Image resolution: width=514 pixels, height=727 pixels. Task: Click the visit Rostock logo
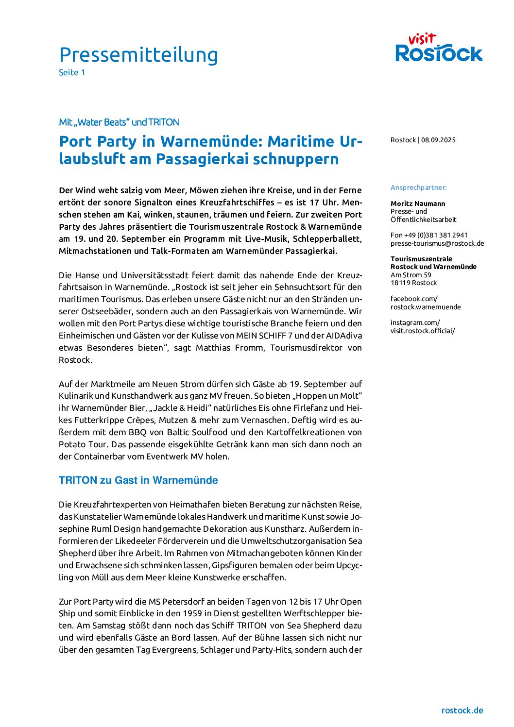pyautogui.click(x=439, y=48)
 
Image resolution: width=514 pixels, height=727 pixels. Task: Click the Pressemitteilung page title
pyautogui.click(x=138, y=55)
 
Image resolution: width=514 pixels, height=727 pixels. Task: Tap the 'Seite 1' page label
pyautogui.click(x=72, y=72)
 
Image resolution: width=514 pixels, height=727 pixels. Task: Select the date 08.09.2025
pyautogui.click(x=438, y=140)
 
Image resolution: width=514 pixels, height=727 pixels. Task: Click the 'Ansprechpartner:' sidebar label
pyautogui.click(x=418, y=187)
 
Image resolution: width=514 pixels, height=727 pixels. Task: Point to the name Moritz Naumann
pyautogui.click(x=418, y=203)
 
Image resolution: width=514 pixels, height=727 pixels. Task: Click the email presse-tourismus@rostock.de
pyautogui.click(x=437, y=243)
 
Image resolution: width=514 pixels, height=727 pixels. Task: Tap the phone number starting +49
pyautogui.click(x=429, y=235)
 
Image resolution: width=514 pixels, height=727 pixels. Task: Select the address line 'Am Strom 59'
pyautogui.click(x=411, y=275)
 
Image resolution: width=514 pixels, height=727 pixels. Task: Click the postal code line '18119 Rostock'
pyautogui.click(x=413, y=283)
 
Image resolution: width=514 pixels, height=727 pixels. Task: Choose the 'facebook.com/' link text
pyautogui.click(x=414, y=299)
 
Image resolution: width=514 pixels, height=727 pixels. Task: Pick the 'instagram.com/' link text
pyautogui.click(x=415, y=322)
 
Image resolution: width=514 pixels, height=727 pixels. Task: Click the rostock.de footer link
pyautogui.click(x=462, y=710)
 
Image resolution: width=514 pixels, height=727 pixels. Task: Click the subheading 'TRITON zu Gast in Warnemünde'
pyautogui.click(x=138, y=480)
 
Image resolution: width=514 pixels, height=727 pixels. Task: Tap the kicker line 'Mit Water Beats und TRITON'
pyautogui.click(x=119, y=122)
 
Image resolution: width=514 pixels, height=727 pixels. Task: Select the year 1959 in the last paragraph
pyautogui.click(x=192, y=613)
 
